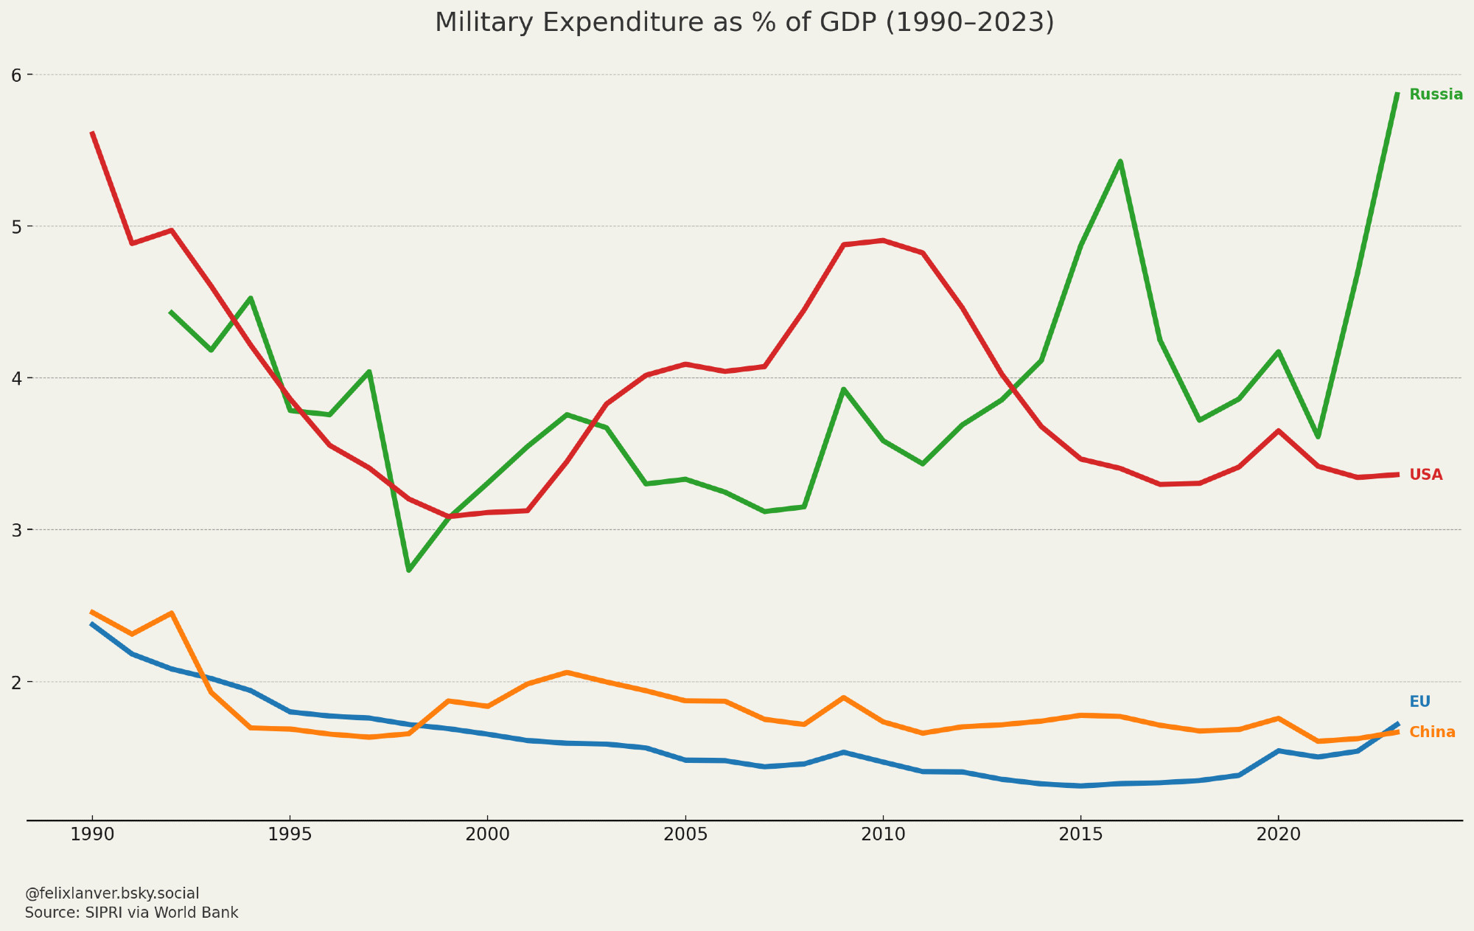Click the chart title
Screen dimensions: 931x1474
point(744,23)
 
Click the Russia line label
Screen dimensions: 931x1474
point(1436,94)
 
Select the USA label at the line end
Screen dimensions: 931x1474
point(1425,475)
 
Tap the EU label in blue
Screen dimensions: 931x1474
point(1419,702)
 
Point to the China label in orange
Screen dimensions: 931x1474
point(1432,732)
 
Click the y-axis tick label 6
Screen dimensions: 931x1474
point(17,74)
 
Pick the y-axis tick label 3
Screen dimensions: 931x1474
point(17,530)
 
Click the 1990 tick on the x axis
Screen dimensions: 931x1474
point(92,835)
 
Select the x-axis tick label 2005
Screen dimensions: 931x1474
point(685,835)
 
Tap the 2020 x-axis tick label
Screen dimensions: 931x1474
point(1278,835)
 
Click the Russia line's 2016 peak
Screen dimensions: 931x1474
point(1120,161)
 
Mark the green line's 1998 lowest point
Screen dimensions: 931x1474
point(408,571)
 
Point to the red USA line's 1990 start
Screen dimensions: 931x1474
point(92,133)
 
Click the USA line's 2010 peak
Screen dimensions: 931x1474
point(883,240)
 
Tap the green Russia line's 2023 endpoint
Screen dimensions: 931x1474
point(1397,94)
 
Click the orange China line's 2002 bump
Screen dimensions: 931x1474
point(566,672)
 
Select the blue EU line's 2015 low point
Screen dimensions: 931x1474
point(1080,786)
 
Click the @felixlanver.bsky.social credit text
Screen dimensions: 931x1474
point(112,893)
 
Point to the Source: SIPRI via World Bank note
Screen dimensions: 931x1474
point(132,913)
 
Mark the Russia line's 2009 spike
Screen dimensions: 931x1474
point(843,389)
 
